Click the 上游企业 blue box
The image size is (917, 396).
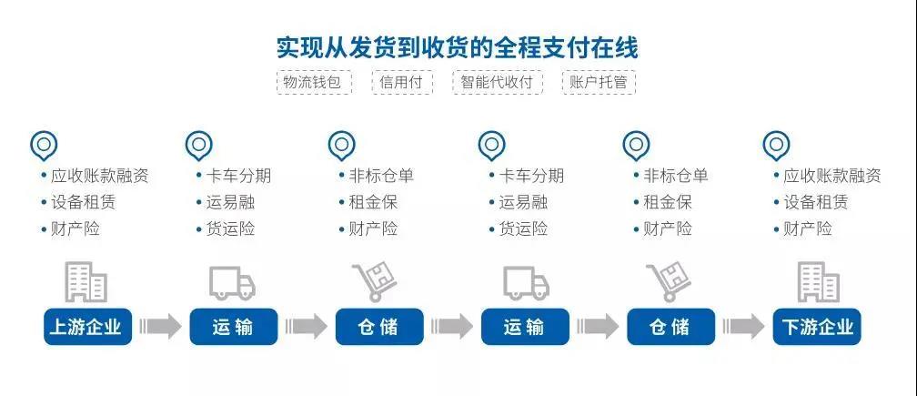coord(87,326)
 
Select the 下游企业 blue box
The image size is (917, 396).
coord(816,326)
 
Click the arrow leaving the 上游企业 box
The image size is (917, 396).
coord(161,326)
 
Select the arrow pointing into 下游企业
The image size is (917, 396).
coord(743,326)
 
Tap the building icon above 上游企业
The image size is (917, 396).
coord(86,281)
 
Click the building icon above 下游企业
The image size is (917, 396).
coord(818,281)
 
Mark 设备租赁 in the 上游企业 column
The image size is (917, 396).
coord(84,202)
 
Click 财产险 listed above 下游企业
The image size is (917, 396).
coord(808,228)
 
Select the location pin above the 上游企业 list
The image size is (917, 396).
coord(44,145)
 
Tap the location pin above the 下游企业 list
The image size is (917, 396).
coord(775,145)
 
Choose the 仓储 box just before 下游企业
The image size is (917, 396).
coord(670,326)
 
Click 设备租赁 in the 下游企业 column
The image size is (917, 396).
coord(816,202)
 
